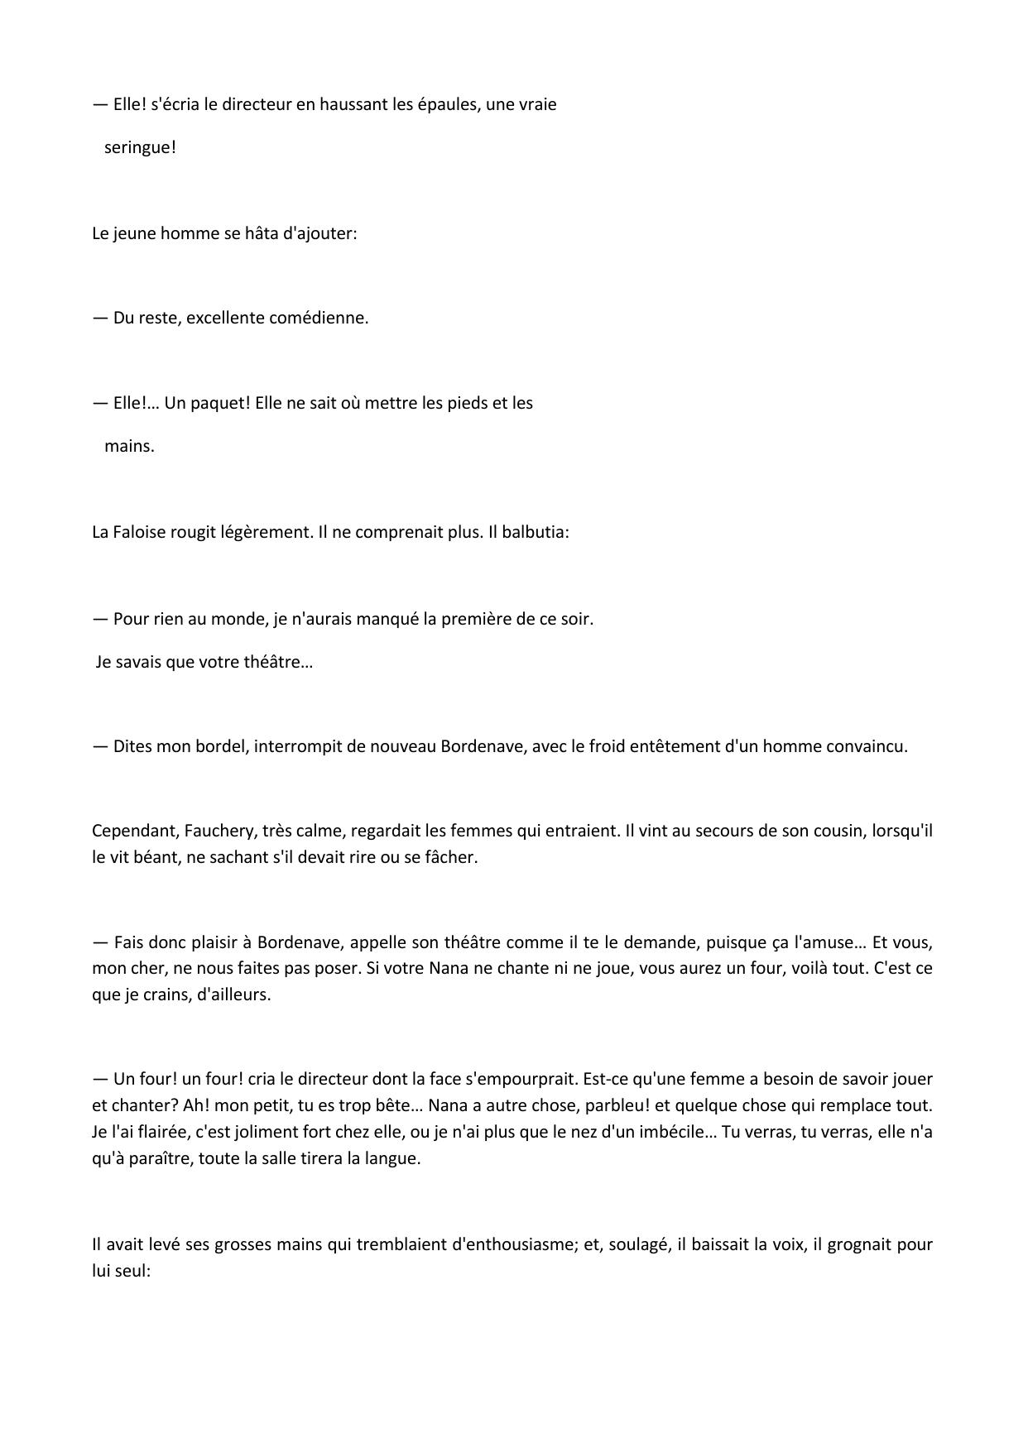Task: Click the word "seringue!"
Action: pos(140,148)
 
